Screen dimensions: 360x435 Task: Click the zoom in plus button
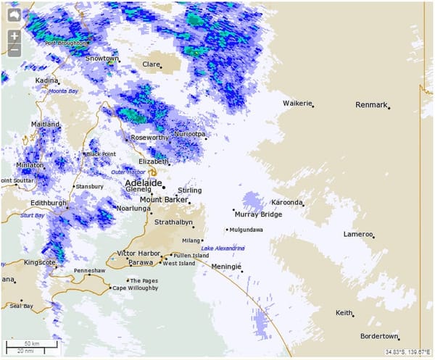(14, 36)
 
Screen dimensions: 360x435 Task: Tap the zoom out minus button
(14, 51)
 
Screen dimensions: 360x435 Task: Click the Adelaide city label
(142, 183)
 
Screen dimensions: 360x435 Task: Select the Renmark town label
(371, 105)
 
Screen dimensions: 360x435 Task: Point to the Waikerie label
(297, 103)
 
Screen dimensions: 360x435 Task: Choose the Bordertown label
(378, 337)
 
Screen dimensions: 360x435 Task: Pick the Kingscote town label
(39, 262)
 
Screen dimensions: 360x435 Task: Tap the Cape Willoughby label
(134, 288)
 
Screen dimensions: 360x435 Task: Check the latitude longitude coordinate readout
(408, 352)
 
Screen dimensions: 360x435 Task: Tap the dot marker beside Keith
(353, 316)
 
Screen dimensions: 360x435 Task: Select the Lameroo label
(357, 234)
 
